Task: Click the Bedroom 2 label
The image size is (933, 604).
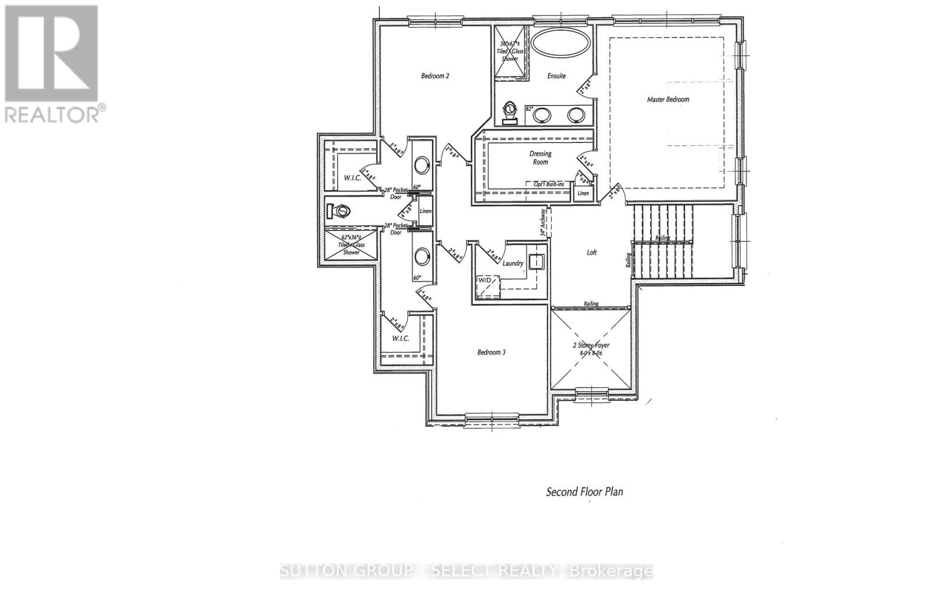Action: (435, 76)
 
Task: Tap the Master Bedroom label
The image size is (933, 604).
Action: (668, 99)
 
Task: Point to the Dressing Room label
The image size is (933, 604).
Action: (540, 158)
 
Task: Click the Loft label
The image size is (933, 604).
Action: (591, 253)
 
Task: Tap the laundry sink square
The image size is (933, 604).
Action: (535, 263)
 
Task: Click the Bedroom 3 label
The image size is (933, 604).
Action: (491, 352)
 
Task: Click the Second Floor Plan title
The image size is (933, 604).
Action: (584, 492)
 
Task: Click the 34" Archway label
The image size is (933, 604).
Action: (543, 222)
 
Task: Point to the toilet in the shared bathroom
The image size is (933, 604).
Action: (338, 210)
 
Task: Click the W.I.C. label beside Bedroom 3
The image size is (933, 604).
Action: (400, 338)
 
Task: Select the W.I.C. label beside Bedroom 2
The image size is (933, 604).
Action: (352, 178)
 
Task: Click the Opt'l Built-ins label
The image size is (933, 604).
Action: (549, 184)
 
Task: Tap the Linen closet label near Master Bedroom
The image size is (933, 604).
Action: (583, 193)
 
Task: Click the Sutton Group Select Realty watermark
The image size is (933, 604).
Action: (466, 571)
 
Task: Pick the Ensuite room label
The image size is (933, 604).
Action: (556, 76)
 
